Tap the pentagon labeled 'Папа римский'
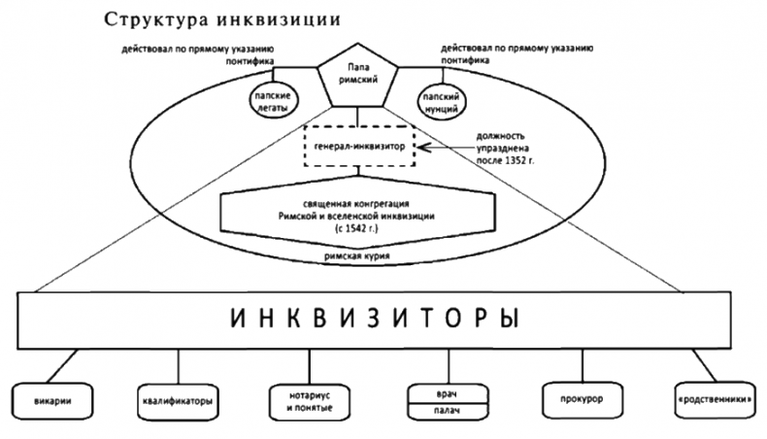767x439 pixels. [x=358, y=76]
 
